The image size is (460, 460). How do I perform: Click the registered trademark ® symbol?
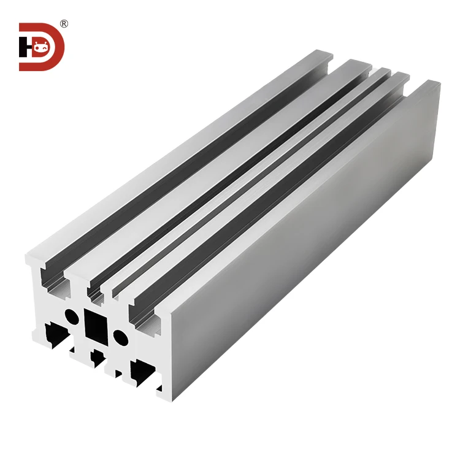[x=64, y=24]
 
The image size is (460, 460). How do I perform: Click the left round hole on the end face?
[x=72, y=316]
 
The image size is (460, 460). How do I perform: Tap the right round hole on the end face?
[x=121, y=337]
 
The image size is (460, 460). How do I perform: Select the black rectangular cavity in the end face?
[x=96, y=324]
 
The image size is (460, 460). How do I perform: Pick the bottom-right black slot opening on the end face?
[x=143, y=370]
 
